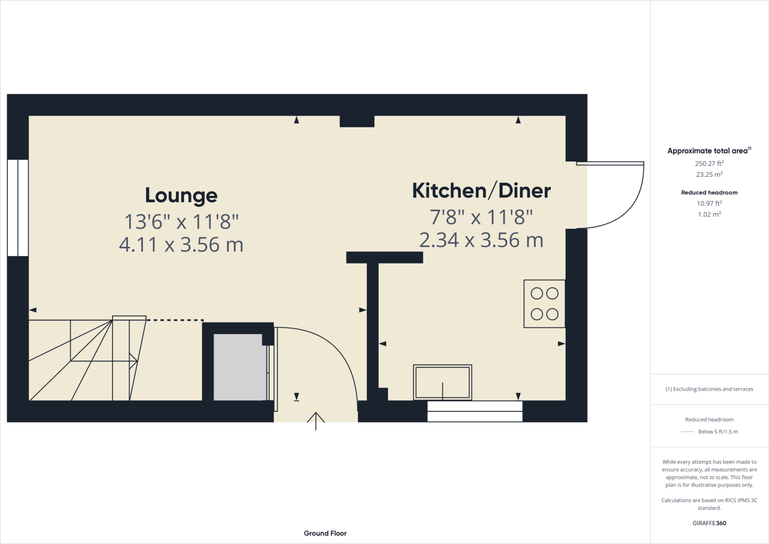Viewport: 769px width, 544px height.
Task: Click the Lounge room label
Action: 181,196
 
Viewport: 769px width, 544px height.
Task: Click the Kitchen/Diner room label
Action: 481,191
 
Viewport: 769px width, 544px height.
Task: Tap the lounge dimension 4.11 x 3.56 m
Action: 181,245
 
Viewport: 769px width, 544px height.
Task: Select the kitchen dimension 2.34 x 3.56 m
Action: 481,240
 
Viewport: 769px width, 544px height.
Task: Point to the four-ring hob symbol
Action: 544,304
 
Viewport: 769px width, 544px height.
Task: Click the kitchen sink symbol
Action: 442,382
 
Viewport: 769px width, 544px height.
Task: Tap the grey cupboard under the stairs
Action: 240,367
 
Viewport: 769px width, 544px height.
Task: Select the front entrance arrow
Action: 316,420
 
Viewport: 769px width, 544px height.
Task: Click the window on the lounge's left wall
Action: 18,208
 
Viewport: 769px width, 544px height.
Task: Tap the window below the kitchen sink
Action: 475,411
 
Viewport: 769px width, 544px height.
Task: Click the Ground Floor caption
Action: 325,533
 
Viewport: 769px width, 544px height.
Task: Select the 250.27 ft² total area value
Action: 709,163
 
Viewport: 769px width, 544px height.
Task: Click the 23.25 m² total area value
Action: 709,175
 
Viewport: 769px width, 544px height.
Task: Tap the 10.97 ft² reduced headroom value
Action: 709,203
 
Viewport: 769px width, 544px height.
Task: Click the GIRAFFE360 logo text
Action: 709,523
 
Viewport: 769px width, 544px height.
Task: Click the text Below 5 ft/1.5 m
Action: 718,432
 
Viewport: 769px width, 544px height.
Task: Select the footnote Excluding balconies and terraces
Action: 709,389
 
